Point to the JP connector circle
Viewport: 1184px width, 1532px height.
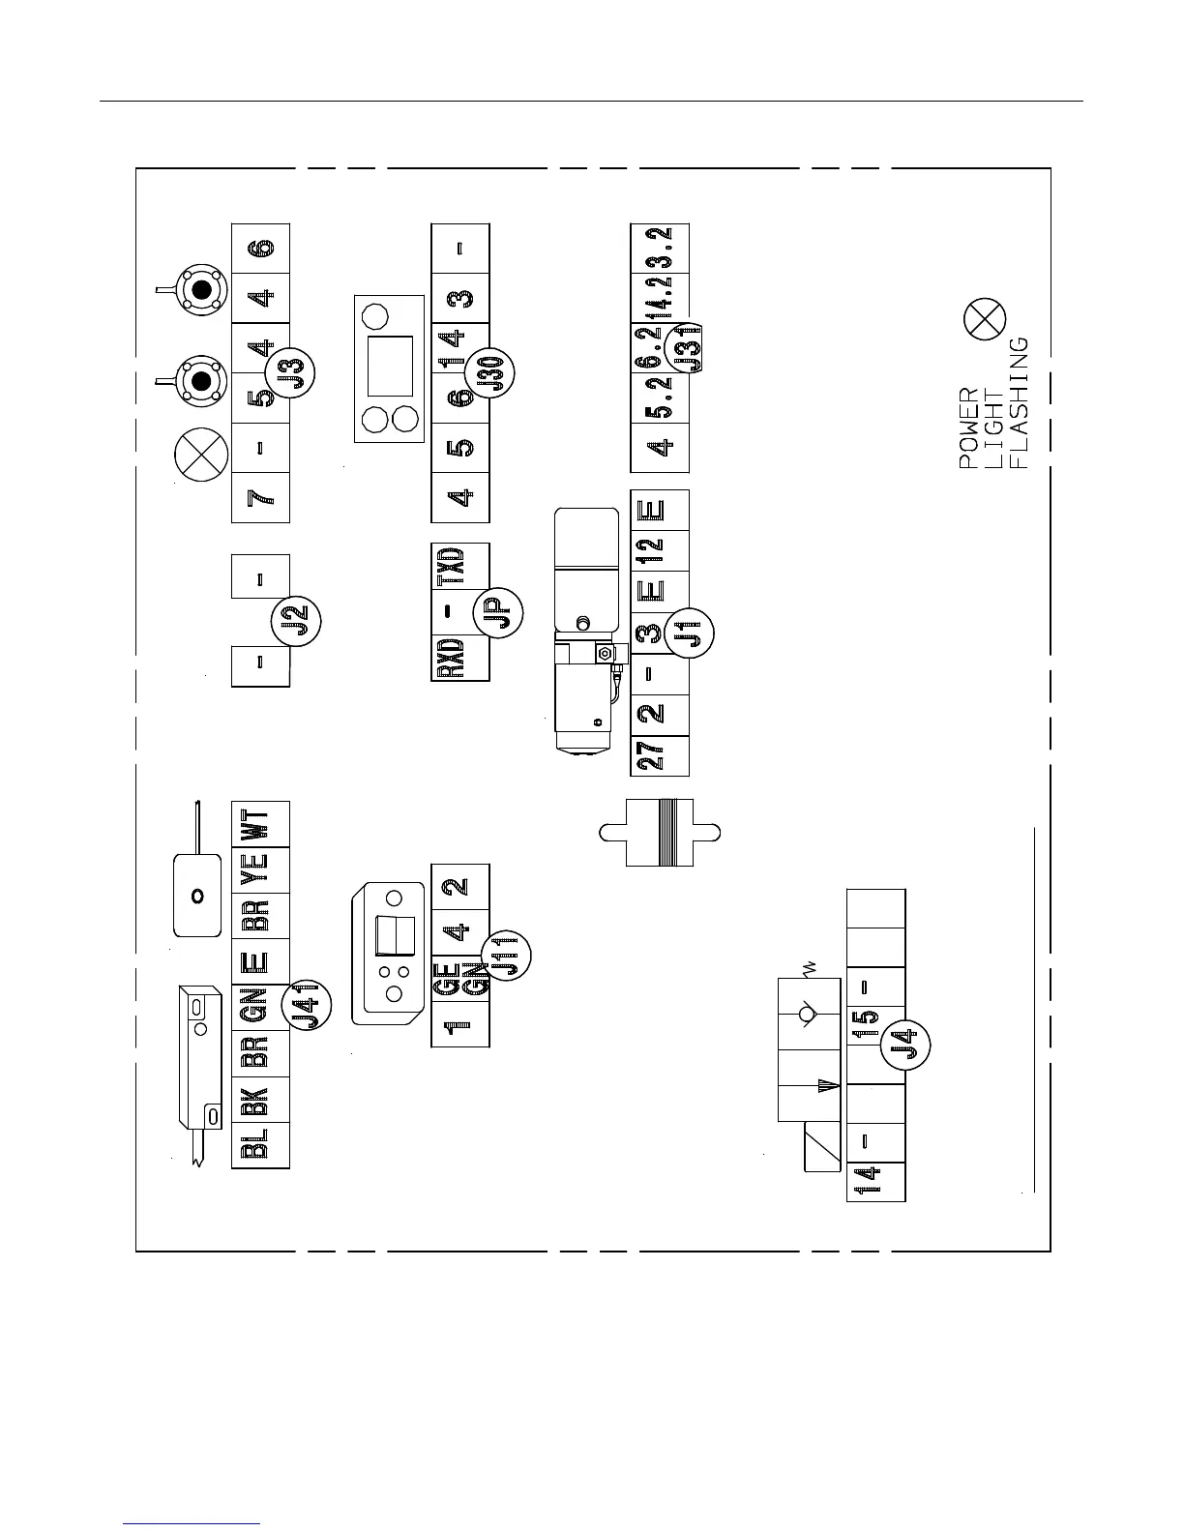498,611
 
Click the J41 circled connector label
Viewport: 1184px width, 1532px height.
307,1007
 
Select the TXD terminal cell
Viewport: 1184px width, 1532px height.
459,567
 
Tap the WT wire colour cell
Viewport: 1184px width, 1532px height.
260,824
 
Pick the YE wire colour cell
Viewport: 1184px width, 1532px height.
260,869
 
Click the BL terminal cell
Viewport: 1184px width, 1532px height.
260,1145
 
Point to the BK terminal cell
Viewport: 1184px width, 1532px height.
260,1099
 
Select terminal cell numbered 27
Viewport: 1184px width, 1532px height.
659,755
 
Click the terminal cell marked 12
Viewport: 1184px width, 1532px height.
659,550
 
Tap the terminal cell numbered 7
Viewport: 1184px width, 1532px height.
260,498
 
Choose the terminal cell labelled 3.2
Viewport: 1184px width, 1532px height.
659,249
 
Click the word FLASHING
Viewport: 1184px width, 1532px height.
1019,402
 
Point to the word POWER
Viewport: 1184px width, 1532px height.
968,428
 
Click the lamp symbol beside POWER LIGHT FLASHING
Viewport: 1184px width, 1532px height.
985,319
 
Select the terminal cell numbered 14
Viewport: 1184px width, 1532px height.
875,1181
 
